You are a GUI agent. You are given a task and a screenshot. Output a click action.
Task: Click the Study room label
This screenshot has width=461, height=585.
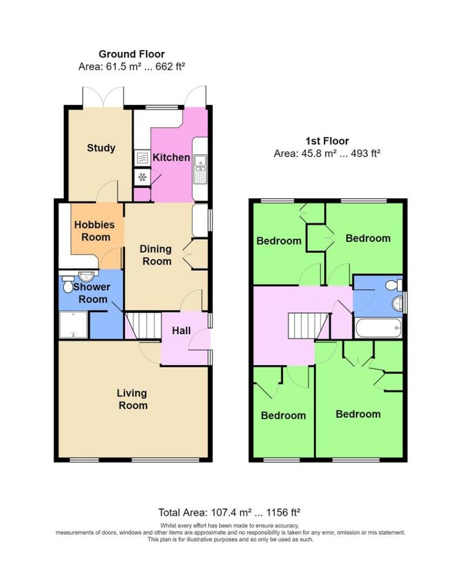point(101,148)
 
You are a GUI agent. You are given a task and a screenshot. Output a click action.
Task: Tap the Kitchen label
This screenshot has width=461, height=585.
point(172,157)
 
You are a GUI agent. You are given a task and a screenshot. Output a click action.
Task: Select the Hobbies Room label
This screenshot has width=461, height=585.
point(94,231)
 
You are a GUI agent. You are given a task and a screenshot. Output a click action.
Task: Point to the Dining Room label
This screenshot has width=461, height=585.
point(156,255)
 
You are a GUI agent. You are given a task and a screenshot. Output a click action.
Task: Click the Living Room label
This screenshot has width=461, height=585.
point(132,399)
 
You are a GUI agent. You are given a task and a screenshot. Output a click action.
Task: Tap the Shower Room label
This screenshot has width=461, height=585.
point(91,293)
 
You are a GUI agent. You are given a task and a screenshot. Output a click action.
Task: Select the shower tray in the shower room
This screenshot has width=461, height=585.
point(74,324)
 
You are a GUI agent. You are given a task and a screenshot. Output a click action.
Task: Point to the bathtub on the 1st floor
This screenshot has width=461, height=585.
point(378,328)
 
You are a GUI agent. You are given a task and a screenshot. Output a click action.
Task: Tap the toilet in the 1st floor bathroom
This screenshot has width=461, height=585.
point(393,285)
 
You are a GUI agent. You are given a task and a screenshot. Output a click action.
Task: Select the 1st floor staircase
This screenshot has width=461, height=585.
point(308,326)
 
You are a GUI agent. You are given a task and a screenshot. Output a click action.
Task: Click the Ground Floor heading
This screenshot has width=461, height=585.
point(132,54)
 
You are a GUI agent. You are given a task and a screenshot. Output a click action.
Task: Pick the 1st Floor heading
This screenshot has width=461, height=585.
point(327,141)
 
